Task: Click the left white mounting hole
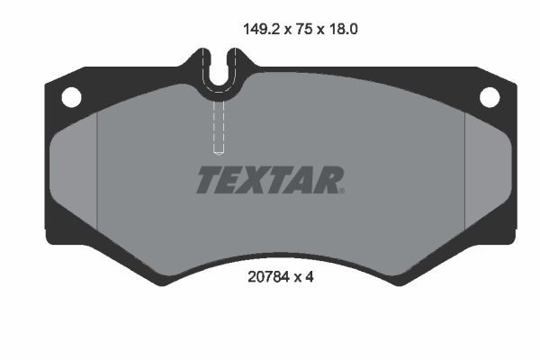click(x=70, y=95)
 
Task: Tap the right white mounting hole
click(x=489, y=95)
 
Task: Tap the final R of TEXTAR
click(x=327, y=180)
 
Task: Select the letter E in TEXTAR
click(x=230, y=180)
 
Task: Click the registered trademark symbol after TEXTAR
click(x=341, y=191)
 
